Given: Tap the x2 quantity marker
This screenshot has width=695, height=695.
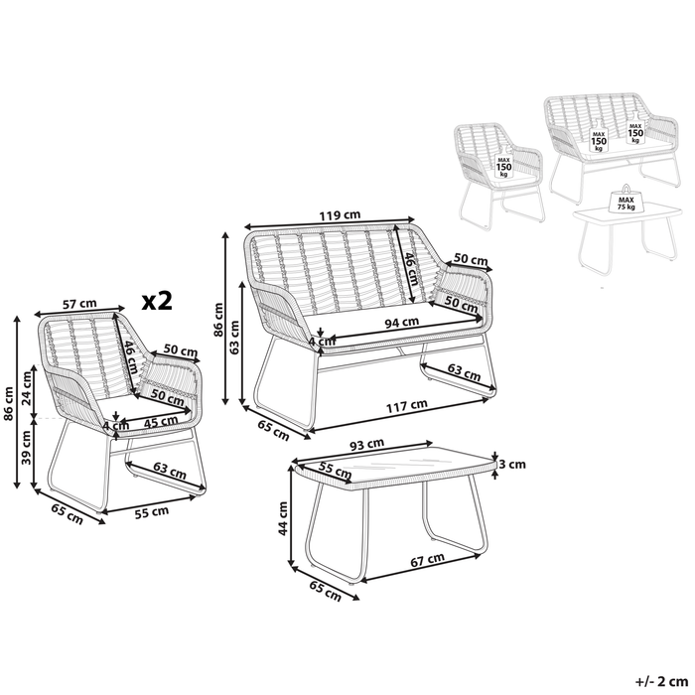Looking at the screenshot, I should [156, 301].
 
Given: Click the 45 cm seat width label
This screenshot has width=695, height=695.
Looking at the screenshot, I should [155, 421].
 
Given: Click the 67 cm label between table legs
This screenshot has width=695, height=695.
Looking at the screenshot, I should [429, 561].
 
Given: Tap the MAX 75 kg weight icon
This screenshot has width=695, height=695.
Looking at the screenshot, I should [627, 202].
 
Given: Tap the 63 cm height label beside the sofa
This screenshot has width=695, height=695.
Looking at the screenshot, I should [235, 340].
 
